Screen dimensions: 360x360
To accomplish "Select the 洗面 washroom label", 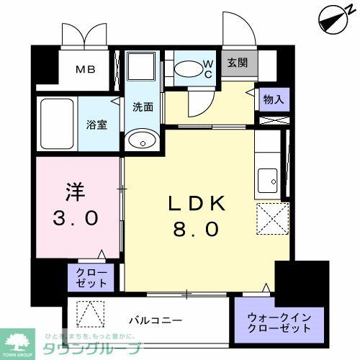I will pyautogui.click(x=142, y=107).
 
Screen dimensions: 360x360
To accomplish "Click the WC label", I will pyautogui.click(x=207, y=69).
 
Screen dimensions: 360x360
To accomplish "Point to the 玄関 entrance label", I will pyautogui.click(x=238, y=63).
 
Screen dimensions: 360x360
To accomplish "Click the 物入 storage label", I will pyautogui.click(x=274, y=99).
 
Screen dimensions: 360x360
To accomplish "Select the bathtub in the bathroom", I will pyautogui.click(x=55, y=124).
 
